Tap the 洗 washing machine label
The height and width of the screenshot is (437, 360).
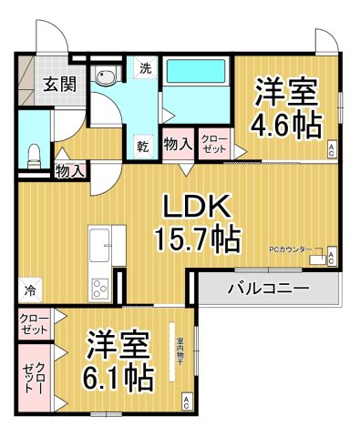point(144,68)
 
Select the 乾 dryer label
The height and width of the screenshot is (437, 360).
point(144,146)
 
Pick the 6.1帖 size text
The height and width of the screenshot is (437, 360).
point(119,375)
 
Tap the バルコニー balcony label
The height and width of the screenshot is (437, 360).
point(267,288)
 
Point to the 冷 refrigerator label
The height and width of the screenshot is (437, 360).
point(30,291)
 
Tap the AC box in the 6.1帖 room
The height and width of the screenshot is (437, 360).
point(186,401)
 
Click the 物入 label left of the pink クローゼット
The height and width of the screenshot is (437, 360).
point(178,144)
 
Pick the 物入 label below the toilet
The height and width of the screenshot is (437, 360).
point(69,170)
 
